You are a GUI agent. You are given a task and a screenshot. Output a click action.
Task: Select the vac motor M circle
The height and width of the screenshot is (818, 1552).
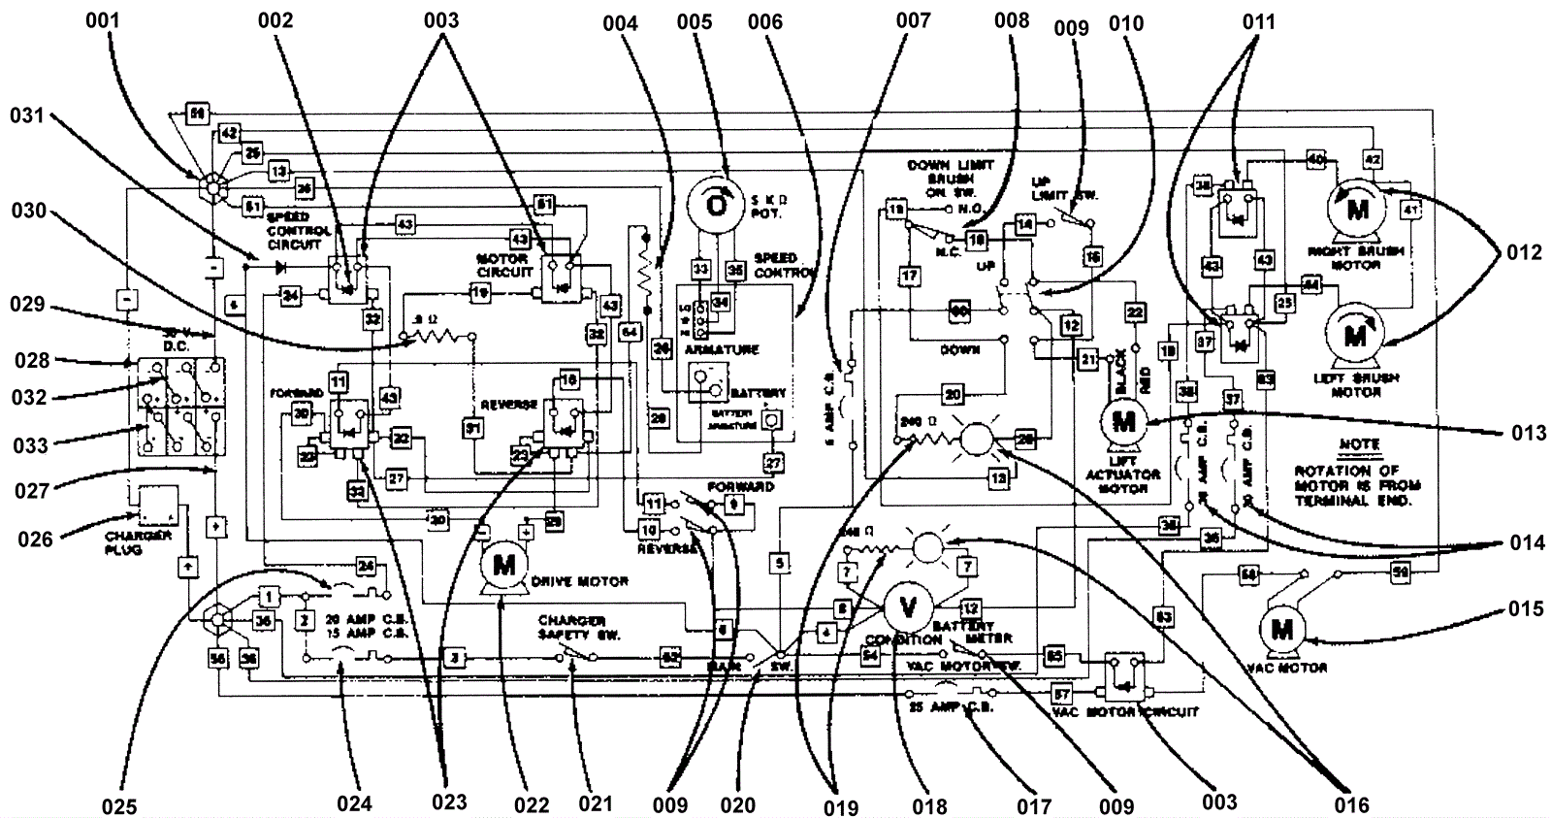(x=1282, y=629)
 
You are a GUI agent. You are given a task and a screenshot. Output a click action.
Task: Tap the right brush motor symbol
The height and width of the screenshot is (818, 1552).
(x=1357, y=210)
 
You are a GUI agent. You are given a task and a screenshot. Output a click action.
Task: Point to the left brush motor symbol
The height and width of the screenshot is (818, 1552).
(x=1355, y=336)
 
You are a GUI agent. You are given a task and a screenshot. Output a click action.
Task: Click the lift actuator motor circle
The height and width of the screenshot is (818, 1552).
(x=1124, y=422)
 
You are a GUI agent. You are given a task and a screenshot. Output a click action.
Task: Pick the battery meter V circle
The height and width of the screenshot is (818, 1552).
(x=909, y=608)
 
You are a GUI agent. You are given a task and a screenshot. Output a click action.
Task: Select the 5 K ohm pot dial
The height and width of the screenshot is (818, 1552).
(x=716, y=205)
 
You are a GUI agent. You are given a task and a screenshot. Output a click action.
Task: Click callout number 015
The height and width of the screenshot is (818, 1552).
(x=1526, y=608)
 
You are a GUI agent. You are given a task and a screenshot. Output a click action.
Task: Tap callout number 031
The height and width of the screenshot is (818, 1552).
(x=28, y=116)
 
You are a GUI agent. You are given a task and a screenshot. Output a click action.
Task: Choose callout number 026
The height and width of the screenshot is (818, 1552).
(x=35, y=538)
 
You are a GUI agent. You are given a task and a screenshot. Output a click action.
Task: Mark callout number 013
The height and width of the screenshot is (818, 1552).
(x=1528, y=432)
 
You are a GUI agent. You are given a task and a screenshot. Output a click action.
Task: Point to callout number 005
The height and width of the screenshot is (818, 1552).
(x=695, y=21)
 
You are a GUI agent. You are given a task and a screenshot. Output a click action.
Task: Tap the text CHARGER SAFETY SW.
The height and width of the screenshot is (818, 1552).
(x=572, y=627)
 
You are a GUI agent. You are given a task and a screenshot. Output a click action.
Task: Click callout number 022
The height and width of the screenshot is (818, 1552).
(x=532, y=804)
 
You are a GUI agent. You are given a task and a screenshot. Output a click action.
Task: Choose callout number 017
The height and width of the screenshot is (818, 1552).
(x=1034, y=805)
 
